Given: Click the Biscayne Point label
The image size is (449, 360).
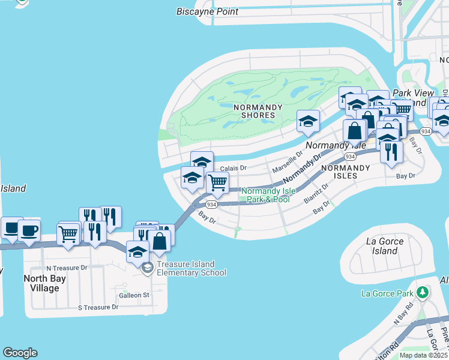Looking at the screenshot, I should (207, 11).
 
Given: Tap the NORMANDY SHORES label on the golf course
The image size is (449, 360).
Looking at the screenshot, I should (258, 111).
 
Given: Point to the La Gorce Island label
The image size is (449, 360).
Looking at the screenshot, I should (385, 246).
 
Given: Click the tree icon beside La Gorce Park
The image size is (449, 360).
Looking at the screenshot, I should (424, 292).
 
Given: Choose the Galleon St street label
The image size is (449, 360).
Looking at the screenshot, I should (133, 295).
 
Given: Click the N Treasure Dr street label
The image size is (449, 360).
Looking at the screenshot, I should (67, 268).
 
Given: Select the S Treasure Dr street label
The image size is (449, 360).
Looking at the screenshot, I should (98, 307).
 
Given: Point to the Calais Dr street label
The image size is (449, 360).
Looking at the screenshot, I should (234, 169).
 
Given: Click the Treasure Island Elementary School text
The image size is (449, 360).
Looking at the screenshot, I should (191, 268).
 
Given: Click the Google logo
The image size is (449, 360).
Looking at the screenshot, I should (20, 353).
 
